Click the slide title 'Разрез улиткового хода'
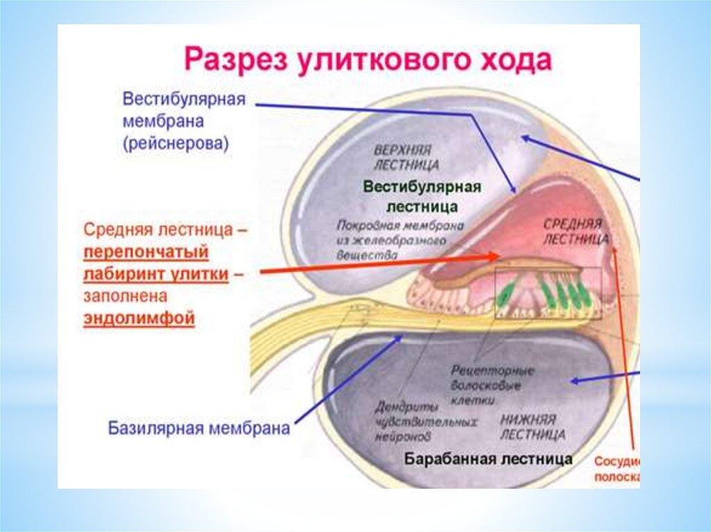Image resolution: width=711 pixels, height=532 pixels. click(367, 61)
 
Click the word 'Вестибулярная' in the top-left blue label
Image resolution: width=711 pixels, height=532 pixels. click(184, 98)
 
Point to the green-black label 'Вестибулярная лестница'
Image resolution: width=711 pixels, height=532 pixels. click(422, 197)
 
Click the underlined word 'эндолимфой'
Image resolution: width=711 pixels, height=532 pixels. click(140, 319)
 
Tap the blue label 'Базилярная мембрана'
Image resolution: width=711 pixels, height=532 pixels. click(199, 428)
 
